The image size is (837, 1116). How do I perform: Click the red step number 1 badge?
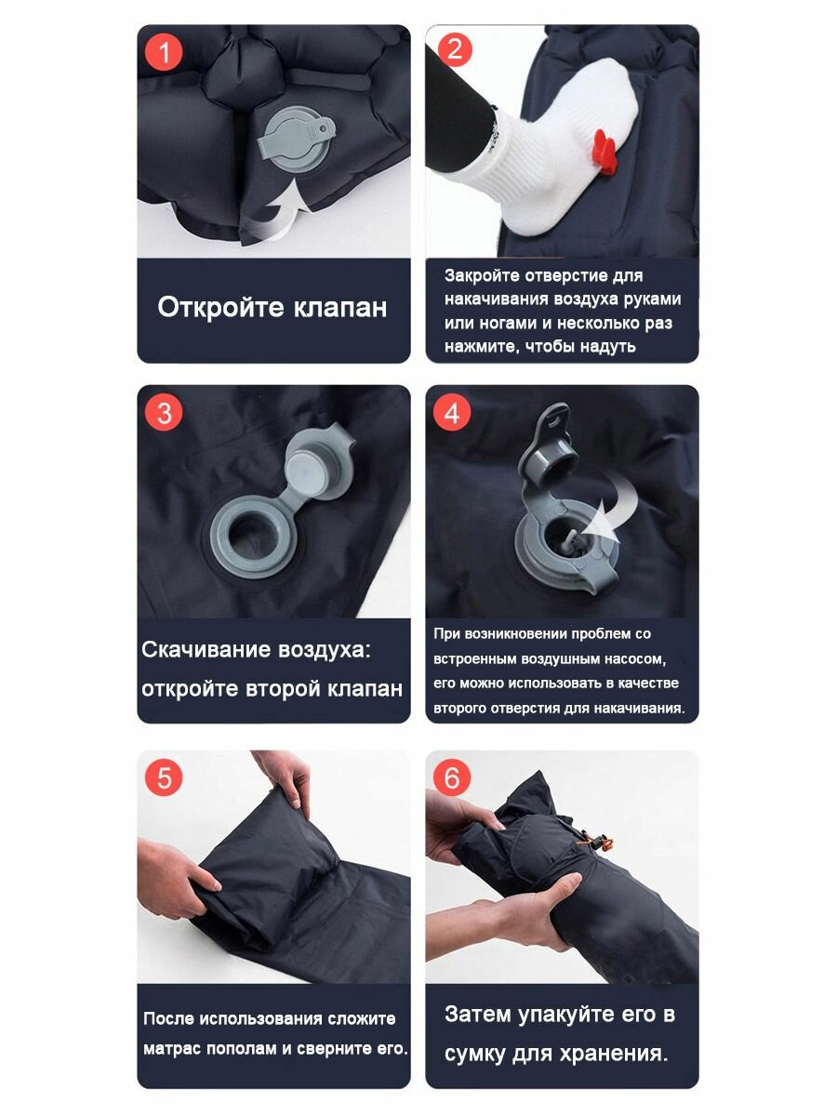pyautogui.click(x=164, y=52)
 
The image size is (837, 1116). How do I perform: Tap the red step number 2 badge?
pyautogui.click(x=454, y=49)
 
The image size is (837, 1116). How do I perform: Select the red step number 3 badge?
pyautogui.click(x=164, y=412)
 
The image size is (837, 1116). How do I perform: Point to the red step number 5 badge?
pyautogui.click(x=164, y=777)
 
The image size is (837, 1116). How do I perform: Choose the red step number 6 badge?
pyautogui.click(x=452, y=777)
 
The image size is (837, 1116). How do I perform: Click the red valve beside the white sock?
pyautogui.click(x=605, y=152)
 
